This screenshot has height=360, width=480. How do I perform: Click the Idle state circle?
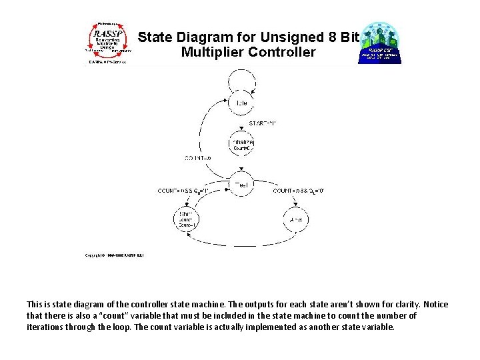241,103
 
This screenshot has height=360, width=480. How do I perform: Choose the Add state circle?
296,219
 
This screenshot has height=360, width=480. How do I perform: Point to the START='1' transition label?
262,123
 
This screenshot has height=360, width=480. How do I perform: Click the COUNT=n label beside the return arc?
198,158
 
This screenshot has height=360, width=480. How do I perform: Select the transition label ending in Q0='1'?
183,191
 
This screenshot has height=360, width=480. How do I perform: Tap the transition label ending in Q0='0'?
299,191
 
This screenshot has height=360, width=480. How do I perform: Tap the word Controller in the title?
281,52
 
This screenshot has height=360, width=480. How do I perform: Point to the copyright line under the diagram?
115,255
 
